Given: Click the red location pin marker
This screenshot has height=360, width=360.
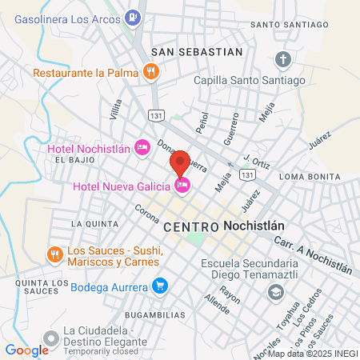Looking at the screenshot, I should (180, 162).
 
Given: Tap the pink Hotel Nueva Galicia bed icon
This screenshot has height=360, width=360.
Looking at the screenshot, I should (182, 186).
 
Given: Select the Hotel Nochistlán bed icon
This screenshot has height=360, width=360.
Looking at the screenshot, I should (142, 146).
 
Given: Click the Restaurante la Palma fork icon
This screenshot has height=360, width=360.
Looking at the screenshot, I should (151, 72).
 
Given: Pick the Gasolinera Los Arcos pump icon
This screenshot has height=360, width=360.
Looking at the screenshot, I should (133, 15).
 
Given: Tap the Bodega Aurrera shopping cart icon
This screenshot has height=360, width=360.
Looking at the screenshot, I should (160, 286).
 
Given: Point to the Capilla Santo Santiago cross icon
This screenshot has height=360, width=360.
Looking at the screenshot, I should (283, 59).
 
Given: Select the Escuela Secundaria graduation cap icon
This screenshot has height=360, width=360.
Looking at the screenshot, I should (276, 292).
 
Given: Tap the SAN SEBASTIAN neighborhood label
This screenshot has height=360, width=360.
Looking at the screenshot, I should (197, 51).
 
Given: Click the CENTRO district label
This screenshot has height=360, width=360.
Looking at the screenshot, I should (191, 227).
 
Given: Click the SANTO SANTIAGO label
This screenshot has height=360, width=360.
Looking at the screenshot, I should (288, 25).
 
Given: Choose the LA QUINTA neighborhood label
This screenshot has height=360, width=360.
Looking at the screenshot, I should (89, 222).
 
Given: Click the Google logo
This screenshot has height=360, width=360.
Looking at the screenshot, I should (26, 350).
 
